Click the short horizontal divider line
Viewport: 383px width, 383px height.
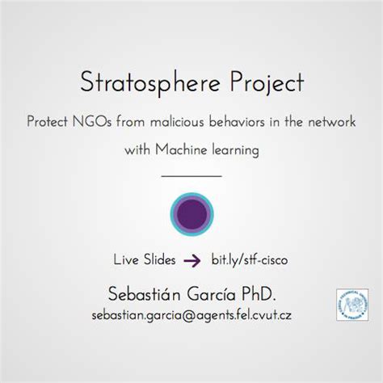click(x=191, y=175)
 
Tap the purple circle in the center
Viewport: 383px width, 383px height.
click(x=191, y=213)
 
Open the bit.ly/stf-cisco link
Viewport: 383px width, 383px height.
click(x=250, y=260)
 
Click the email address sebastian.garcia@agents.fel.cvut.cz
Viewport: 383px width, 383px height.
click(x=191, y=314)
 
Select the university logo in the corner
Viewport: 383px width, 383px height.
click(x=353, y=308)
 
